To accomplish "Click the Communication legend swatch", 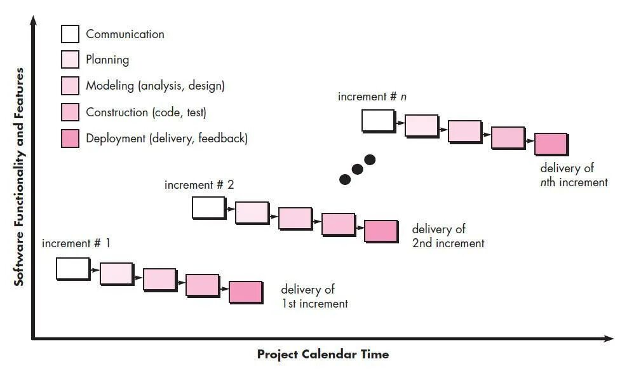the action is tap(70, 34).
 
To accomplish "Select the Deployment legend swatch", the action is tap(70, 138).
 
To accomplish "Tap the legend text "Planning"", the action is tap(107, 60).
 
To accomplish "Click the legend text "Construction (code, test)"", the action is tap(146, 112).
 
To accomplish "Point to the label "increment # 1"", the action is tap(76, 243).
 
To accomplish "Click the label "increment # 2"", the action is tap(199, 185).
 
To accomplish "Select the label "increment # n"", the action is tap(372, 97).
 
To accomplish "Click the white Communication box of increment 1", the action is tap(72, 268).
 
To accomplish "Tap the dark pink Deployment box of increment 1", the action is tap(245, 292).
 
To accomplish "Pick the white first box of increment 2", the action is tap(208, 208).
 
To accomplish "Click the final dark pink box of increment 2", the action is tap(381, 231).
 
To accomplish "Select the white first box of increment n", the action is tap(378, 120).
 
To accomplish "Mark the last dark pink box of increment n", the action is tap(550, 144).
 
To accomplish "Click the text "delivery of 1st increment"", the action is tap(314, 297).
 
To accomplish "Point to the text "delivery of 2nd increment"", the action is tap(447, 236).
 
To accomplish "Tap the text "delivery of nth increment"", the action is tap(573, 175).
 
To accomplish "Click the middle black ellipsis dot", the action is tap(357, 169).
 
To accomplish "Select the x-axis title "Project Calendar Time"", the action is tap(323, 355).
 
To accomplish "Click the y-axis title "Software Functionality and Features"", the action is tap(20, 177).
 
